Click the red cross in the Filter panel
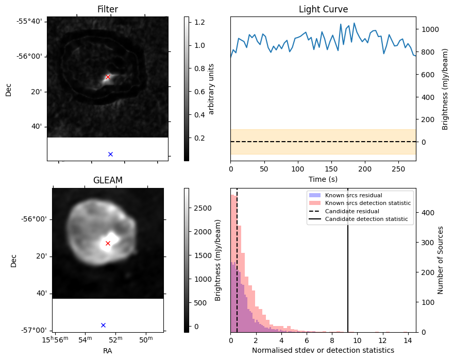(x=108, y=77)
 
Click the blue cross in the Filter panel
(x=110, y=154)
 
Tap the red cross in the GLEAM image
(x=108, y=244)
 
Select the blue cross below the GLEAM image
(x=103, y=325)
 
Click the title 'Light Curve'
(x=324, y=9)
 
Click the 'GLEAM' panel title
(x=108, y=180)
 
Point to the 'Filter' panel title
(x=108, y=9)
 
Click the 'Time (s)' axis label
(x=323, y=179)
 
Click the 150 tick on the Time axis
(x=331, y=169)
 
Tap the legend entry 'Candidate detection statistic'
(x=366, y=219)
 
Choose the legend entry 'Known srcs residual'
(x=354, y=195)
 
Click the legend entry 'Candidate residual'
(x=352, y=211)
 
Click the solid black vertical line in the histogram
(x=348, y=260)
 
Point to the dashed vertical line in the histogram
(x=237, y=260)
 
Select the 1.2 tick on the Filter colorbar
(x=199, y=22)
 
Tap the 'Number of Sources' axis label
(x=441, y=260)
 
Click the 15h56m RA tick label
(x=55, y=340)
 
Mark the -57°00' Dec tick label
(x=33, y=331)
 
